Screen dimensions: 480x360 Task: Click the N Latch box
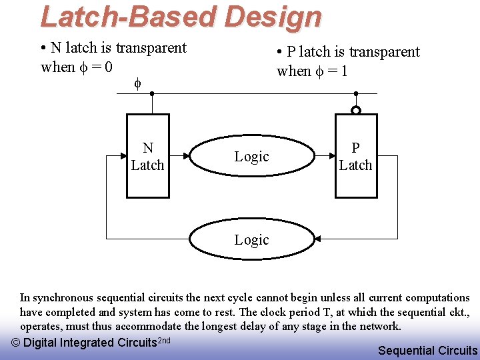[x=148, y=157]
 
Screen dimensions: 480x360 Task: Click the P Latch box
[x=355, y=157]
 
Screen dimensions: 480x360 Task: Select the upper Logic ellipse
[x=252, y=157]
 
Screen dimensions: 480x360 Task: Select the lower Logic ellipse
[x=252, y=239]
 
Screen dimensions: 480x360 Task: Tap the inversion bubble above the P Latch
[x=356, y=110]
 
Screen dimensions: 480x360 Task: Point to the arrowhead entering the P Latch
[x=331, y=157]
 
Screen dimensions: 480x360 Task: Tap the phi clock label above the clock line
[x=138, y=83]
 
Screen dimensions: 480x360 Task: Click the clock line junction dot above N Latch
[x=152, y=94]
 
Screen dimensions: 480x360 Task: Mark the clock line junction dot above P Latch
[x=356, y=94]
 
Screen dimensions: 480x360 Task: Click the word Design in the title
[x=273, y=17]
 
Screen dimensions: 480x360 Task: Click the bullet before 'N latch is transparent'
[x=43, y=49]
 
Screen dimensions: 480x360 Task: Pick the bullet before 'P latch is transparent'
[x=280, y=53]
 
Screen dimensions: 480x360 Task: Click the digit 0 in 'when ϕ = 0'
[x=107, y=67]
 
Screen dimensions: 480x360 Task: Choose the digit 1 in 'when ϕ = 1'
[x=343, y=71]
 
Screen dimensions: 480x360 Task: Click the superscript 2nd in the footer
[x=163, y=340]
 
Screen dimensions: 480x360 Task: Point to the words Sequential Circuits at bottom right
[x=427, y=351]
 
